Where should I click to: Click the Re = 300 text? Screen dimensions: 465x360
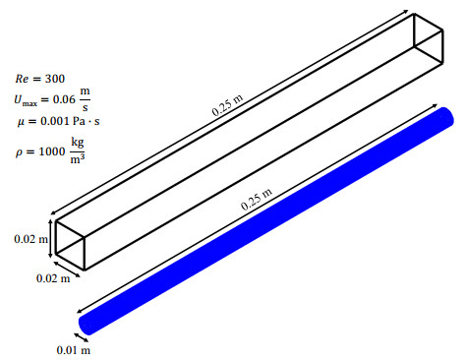coord(40,79)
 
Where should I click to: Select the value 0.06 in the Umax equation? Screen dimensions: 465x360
coord(64,99)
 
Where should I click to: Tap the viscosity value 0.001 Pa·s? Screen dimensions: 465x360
coord(70,121)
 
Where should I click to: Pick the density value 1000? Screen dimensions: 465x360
coord(52,151)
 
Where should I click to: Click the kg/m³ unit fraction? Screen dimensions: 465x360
coord(78,150)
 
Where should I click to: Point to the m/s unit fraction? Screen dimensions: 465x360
coord(86,99)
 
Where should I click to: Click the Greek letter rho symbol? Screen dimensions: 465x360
coord(20,152)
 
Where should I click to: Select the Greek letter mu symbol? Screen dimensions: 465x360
coord(21,122)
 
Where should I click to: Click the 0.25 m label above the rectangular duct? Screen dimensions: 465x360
coord(227,105)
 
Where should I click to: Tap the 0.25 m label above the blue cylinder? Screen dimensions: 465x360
coord(257,200)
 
